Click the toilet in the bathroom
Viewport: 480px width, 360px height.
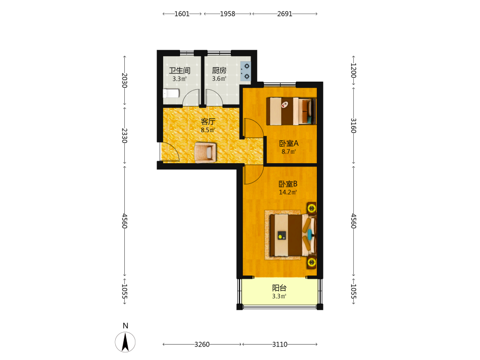pos(171,94)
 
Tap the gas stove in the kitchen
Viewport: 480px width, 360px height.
pos(245,72)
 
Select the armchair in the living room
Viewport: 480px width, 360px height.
pos(205,152)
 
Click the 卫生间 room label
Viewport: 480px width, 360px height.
pos(180,71)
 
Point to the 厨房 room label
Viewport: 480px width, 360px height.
pos(219,71)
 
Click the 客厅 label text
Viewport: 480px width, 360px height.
pos(208,121)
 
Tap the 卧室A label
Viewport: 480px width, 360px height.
pos(288,143)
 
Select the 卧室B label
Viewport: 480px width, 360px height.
pos(288,184)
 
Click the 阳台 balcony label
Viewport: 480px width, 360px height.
pos(279,288)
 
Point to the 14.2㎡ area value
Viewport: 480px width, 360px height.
pos(288,192)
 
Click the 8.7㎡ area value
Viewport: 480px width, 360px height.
pos(288,152)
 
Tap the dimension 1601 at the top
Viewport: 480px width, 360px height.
pos(182,14)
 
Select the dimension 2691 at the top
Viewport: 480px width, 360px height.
pos(285,14)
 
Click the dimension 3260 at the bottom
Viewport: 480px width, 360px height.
pos(202,344)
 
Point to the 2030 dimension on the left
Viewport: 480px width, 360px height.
pos(125,80)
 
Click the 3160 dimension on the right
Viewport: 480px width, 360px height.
pos(353,125)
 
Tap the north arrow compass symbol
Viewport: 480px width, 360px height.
pos(125,342)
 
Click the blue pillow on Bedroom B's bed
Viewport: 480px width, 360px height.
pos(310,235)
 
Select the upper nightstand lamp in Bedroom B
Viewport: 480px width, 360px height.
pos(312,208)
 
